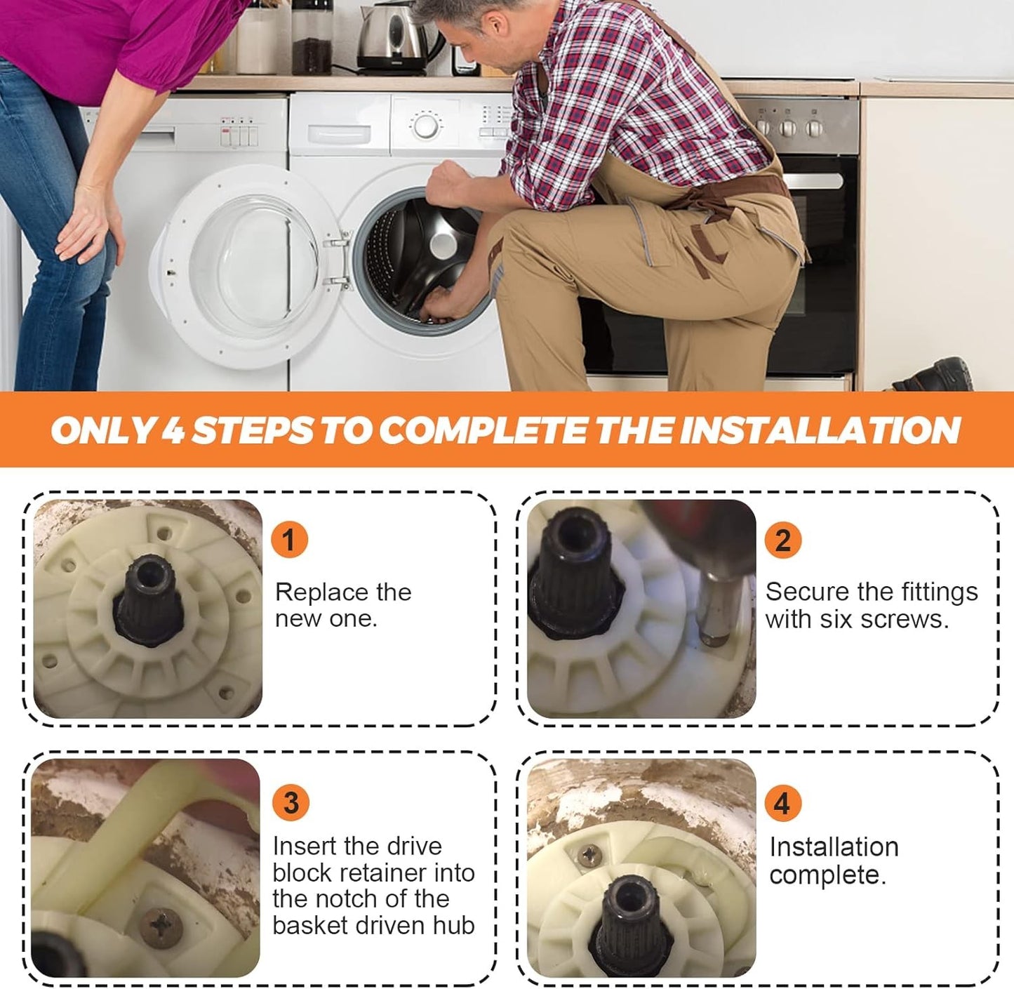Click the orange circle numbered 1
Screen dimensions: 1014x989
289,539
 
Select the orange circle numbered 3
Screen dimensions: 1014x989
291,802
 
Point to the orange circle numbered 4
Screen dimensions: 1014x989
782,803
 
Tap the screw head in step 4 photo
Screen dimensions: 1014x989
590,855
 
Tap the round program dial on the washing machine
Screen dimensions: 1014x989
426,126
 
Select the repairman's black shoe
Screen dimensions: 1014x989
933,374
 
